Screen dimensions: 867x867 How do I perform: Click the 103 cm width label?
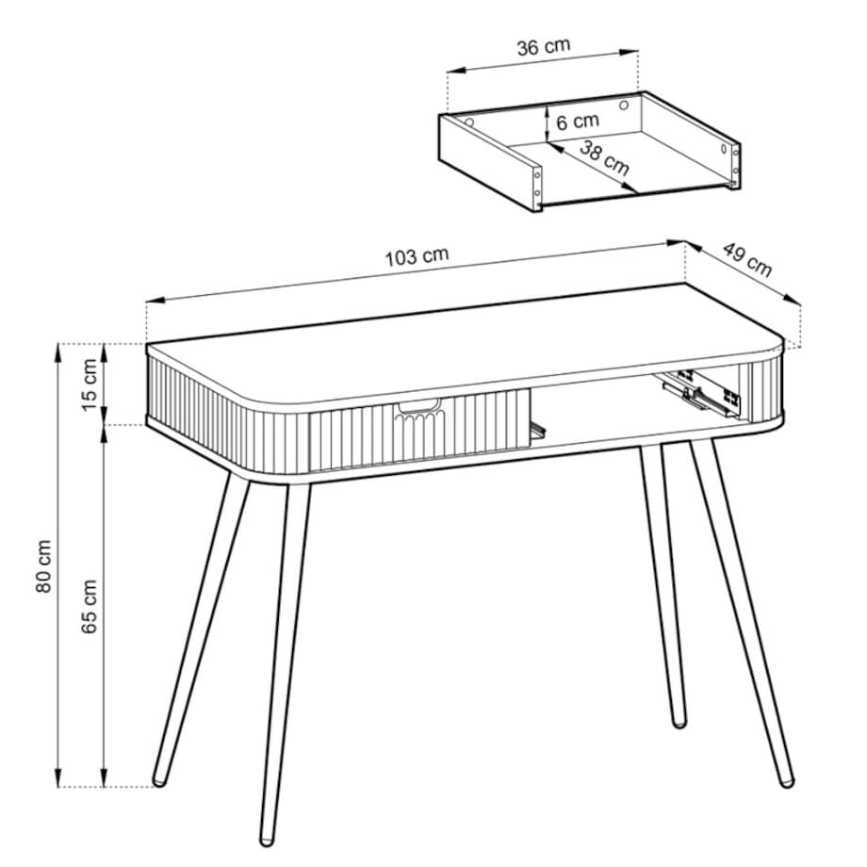pyautogui.click(x=417, y=256)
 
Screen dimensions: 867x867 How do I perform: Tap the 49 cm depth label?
pyautogui.click(x=747, y=259)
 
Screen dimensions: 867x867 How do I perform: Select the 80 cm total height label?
pyautogui.click(x=43, y=566)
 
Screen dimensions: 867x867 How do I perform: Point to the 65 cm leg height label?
pyautogui.click(x=90, y=607)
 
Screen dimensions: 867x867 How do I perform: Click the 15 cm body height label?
pyautogui.click(x=90, y=384)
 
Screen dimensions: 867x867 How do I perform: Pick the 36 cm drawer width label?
pyautogui.click(x=544, y=46)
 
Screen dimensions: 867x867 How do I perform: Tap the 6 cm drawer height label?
pyautogui.click(x=578, y=121)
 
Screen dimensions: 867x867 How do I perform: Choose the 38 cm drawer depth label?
pyautogui.click(x=605, y=157)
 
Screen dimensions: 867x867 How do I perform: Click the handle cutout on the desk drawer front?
pyautogui.click(x=419, y=405)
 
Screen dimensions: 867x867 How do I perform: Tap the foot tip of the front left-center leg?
pyautogui.click(x=267, y=841)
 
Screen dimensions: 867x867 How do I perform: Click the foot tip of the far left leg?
pyautogui.click(x=159, y=781)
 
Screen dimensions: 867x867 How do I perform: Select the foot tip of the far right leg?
pyautogui.click(x=786, y=782)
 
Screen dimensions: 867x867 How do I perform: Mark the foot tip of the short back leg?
pyautogui.click(x=679, y=722)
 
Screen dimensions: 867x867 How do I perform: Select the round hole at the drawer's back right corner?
pyautogui.click(x=624, y=105)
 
